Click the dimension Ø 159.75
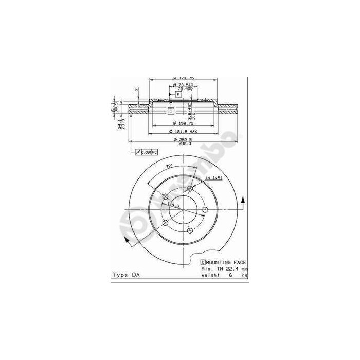184,123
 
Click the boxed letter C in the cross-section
171,111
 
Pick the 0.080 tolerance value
146,152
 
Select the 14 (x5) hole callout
213,177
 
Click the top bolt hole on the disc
190,189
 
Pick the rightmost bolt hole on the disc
205,209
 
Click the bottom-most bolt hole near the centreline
190,230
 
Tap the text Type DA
125,275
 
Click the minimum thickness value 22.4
232,269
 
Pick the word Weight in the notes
210,275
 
